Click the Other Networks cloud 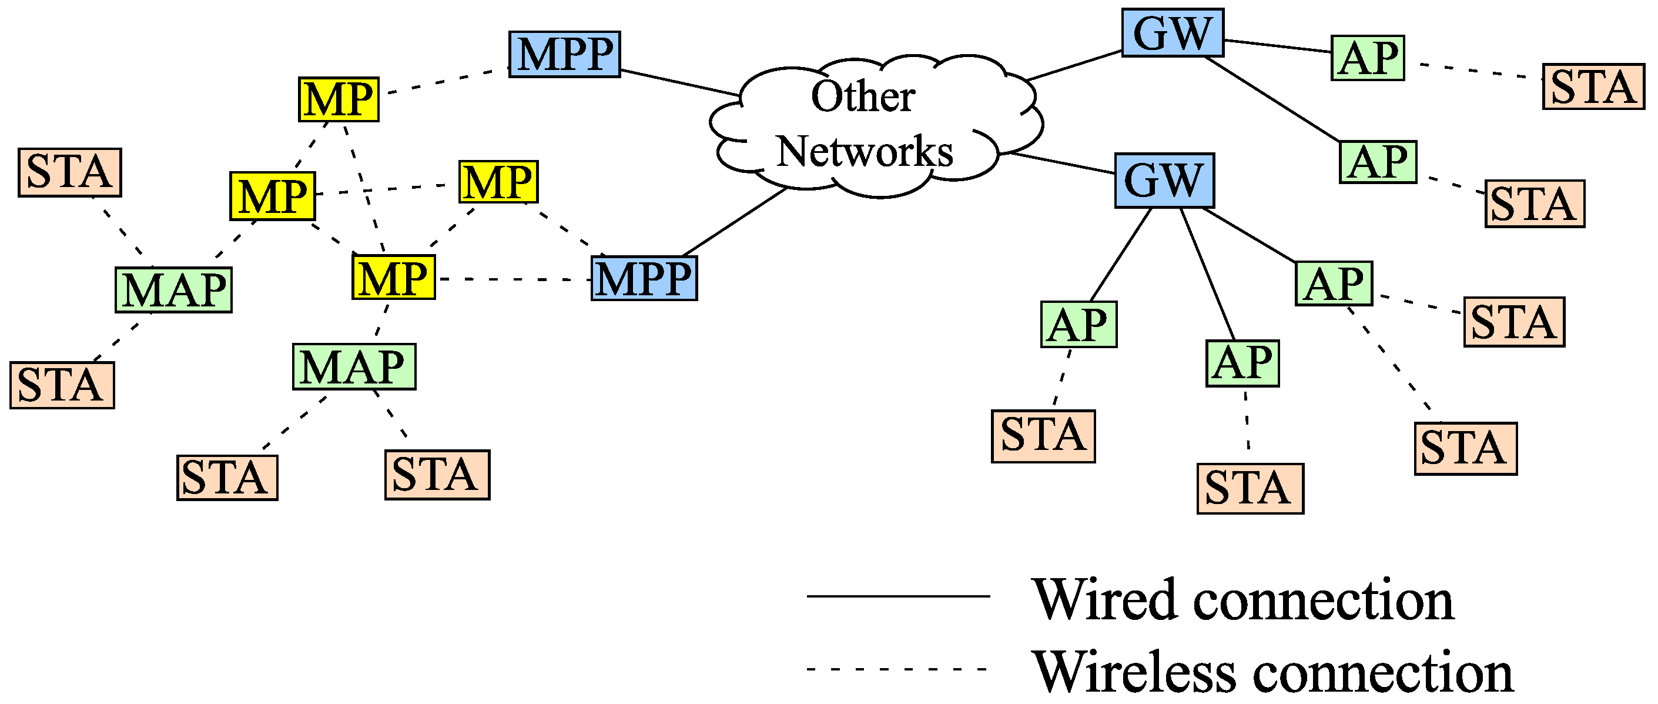click(875, 126)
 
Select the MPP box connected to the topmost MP click(564, 54)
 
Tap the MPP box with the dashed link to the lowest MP click(644, 278)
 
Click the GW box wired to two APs click(1172, 33)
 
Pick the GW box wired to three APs click(1164, 181)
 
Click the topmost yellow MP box click(339, 99)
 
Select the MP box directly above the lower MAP click(393, 278)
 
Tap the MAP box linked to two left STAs click(173, 290)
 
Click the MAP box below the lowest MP click(354, 366)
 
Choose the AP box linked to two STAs click(1334, 283)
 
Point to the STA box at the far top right click(1593, 86)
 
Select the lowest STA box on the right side click(1250, 488)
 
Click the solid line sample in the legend click(898, 596)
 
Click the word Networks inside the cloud click(865, 152)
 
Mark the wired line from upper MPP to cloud click(679, 82)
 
